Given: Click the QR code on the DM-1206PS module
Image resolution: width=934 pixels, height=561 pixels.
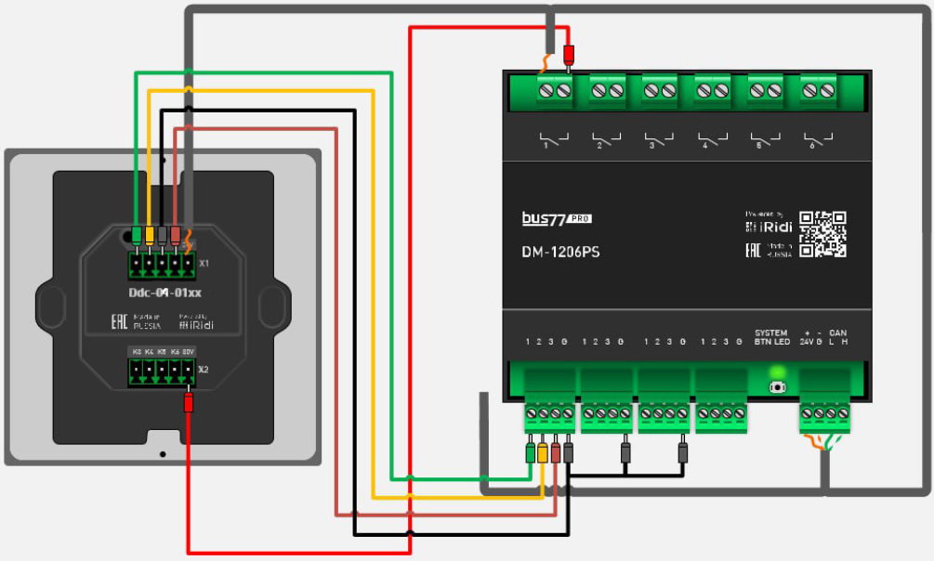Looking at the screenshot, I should (x=823, y=234).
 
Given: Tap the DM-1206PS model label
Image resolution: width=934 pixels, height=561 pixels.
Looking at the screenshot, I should (x=560, y=251).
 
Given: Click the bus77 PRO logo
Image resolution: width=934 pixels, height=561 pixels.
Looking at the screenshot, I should (x=556, y=218).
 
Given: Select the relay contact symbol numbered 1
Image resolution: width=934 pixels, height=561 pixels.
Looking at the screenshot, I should (x=554, y=141).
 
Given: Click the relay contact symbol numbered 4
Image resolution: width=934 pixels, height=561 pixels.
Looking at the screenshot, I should (x=713, y=141).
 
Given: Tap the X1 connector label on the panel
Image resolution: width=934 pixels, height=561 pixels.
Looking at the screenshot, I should (x=204, y=264).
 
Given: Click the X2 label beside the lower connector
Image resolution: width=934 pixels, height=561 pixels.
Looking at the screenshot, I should (x=204, y=370).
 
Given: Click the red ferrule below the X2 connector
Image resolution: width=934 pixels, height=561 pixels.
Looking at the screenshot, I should (x=189, y=403).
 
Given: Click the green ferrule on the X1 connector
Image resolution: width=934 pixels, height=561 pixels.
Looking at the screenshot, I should (x=137, y=234).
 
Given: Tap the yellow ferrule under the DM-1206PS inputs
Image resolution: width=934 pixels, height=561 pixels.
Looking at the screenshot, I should (x=543, y=452).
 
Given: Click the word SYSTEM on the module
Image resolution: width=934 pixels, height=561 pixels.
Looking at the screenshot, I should (x=771, y=333).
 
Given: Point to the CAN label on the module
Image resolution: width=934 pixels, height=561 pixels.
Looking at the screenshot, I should (x=837, y=333).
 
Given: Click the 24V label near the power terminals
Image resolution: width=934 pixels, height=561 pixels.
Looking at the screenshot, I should (x=806, y=342).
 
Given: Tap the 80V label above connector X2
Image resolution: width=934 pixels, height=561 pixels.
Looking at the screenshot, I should (x=188, y=352).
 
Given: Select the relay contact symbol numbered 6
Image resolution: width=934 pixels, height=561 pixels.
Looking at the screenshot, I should (x=819, y=141).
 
